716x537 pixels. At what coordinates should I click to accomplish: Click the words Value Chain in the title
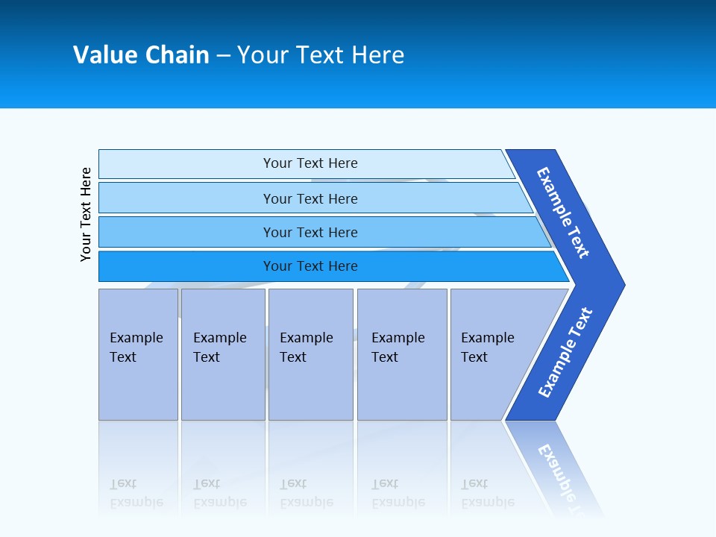pos(141,55)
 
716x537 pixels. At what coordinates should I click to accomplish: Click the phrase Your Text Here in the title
pos(321,55)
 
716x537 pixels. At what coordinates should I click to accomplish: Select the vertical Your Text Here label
pos(86,214)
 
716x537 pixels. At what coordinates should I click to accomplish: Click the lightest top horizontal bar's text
pos(310,163)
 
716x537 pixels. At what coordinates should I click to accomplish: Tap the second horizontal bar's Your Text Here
pos(310,199)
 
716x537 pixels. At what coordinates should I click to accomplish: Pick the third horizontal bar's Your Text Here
pos(310,233)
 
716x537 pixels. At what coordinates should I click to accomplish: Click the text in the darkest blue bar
pos(310,266)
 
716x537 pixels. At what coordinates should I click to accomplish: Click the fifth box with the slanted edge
pos(488,348)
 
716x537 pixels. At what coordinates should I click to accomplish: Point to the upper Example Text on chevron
pos(563,213)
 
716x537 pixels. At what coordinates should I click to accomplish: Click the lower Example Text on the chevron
pos(565,353)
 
